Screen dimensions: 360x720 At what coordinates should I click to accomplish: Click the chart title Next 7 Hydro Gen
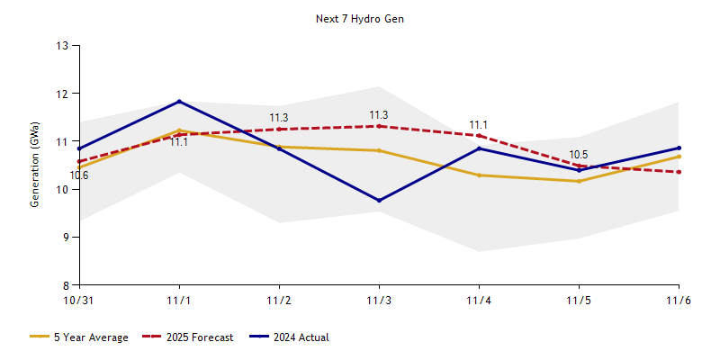360,19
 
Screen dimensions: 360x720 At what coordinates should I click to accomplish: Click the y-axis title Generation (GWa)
34,165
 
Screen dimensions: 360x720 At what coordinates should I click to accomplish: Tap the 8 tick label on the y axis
66,285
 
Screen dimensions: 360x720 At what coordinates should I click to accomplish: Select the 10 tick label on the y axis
63,189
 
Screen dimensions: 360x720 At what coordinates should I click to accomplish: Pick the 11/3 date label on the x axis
379,300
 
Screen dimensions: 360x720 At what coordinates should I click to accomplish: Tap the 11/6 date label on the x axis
679,300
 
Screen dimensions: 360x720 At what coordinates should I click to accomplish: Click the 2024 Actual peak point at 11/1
179,101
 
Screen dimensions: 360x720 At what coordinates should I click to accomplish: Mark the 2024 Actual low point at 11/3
379,201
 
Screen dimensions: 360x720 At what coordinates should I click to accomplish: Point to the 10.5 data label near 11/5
579,155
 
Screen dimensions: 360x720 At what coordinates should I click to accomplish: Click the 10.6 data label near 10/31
79,175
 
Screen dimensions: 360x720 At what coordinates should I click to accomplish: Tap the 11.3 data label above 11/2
279,118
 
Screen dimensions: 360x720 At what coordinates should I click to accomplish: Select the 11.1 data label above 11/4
479,125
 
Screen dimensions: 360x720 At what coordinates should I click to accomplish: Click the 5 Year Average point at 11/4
479,175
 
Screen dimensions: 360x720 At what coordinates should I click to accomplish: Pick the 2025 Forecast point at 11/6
679,172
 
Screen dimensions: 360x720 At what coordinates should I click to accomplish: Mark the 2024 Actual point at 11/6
679,148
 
